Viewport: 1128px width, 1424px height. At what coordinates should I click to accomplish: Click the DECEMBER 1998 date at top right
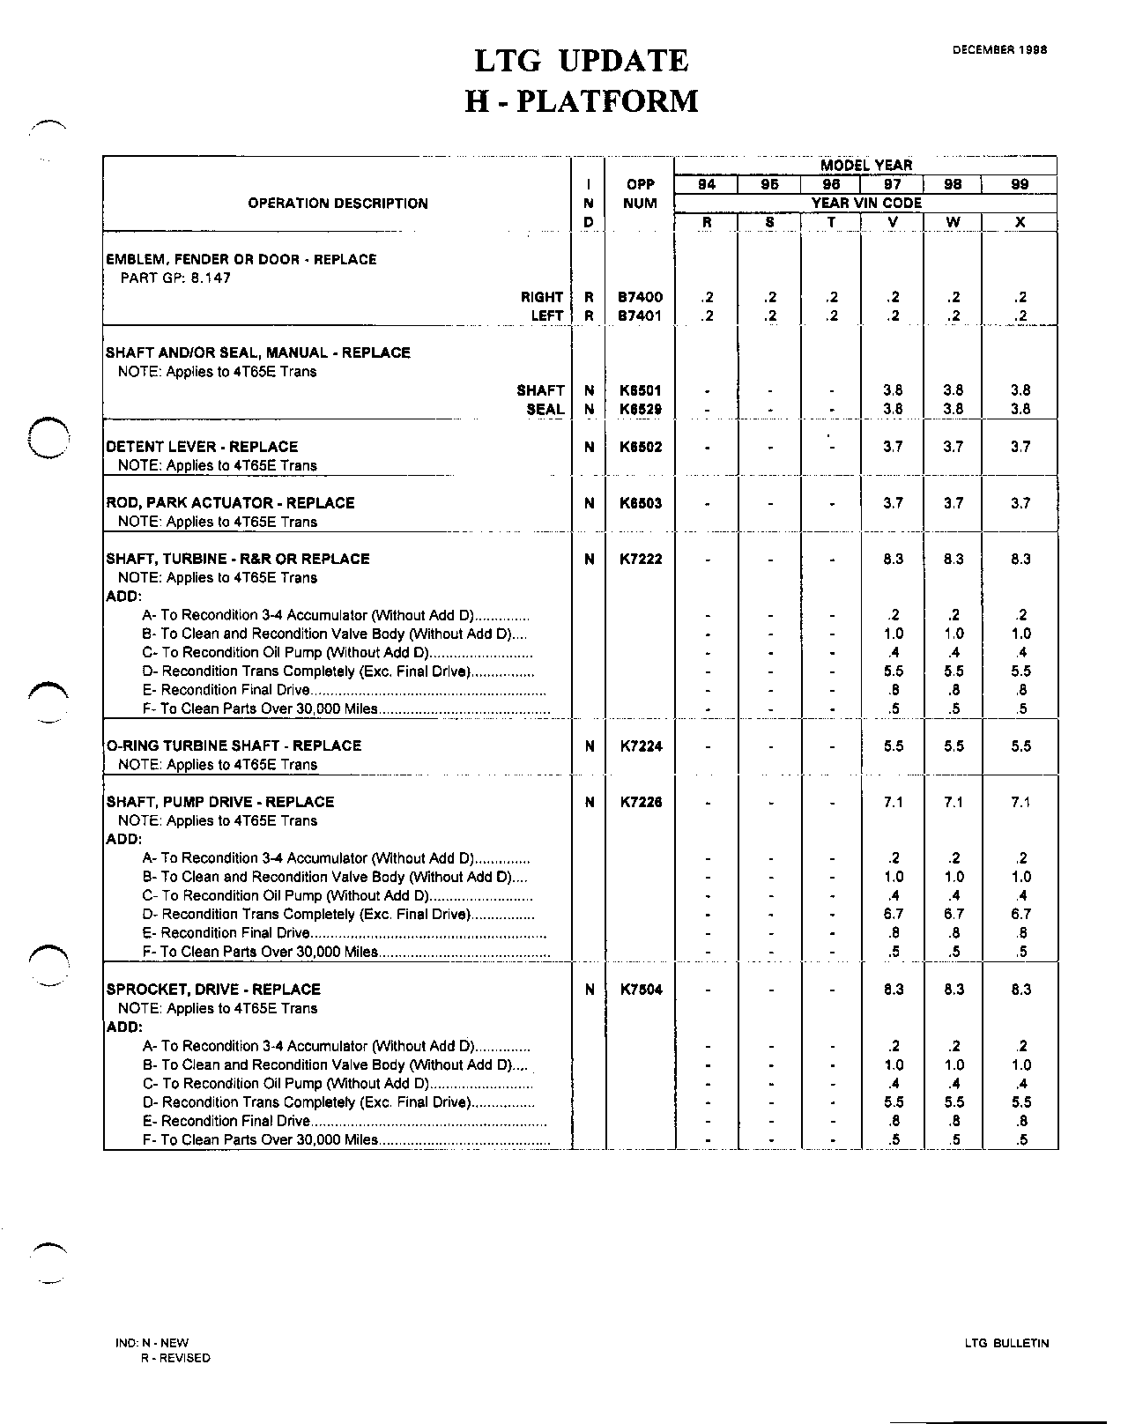coord(999,50)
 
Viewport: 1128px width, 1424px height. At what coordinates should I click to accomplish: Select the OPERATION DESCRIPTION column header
coord(338,204)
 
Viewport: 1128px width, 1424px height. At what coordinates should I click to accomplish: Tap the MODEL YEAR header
coord(865,165)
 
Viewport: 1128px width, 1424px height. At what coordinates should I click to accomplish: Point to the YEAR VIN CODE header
coord(865,203)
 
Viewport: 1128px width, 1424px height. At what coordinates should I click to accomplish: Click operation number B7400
coord(640,298)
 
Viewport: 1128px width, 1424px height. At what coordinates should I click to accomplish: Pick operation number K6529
coord(640,409)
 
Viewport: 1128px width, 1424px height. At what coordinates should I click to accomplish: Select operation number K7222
coord(640,559)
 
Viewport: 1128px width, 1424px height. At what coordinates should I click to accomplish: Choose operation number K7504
coord(640,990)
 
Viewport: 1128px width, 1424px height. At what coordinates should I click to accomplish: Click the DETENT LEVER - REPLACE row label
coord(202,447)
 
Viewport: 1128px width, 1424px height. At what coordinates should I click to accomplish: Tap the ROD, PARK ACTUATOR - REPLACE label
coord(230,503)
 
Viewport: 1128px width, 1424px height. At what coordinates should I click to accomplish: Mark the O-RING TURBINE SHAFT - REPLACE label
coord(234,745)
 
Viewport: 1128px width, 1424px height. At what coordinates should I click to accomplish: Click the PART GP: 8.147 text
coord(175,278)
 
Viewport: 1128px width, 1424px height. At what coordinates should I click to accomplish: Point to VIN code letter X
coord(1020,222)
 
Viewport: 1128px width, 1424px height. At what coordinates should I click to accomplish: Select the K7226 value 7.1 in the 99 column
coord(1020,802)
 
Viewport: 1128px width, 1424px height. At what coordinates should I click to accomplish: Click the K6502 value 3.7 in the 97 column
coord(893,447)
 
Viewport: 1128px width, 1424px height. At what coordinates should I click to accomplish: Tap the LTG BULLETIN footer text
coord(1006,1344)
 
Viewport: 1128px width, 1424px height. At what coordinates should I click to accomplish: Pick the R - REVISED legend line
coord(175,1358)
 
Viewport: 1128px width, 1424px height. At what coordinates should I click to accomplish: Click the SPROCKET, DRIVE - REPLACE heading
coord(213,990)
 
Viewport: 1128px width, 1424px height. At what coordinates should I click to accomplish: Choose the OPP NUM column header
coord(640,194)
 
